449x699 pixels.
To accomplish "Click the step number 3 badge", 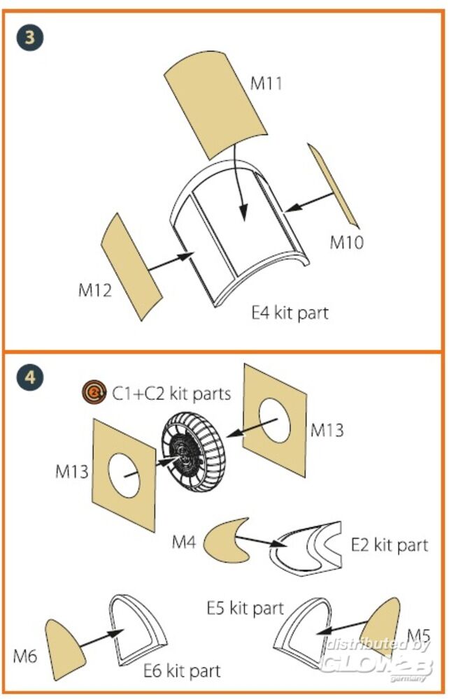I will [29, 36].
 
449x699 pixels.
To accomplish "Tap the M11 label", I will [266, 84].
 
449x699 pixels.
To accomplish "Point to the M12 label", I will [95, 289].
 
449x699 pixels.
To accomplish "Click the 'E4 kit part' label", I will [290, 312].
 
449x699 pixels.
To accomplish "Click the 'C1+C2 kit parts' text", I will [171, 394].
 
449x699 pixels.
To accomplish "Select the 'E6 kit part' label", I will [182, 671].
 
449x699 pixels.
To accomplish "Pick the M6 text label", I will [26, 656].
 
